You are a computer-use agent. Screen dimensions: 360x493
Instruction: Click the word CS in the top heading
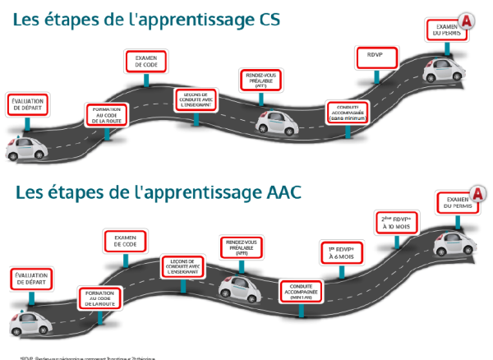(264, 18)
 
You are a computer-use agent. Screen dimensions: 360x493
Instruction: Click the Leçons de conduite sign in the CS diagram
(196, 99)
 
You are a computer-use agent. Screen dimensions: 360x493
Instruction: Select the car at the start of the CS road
(24, 149)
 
